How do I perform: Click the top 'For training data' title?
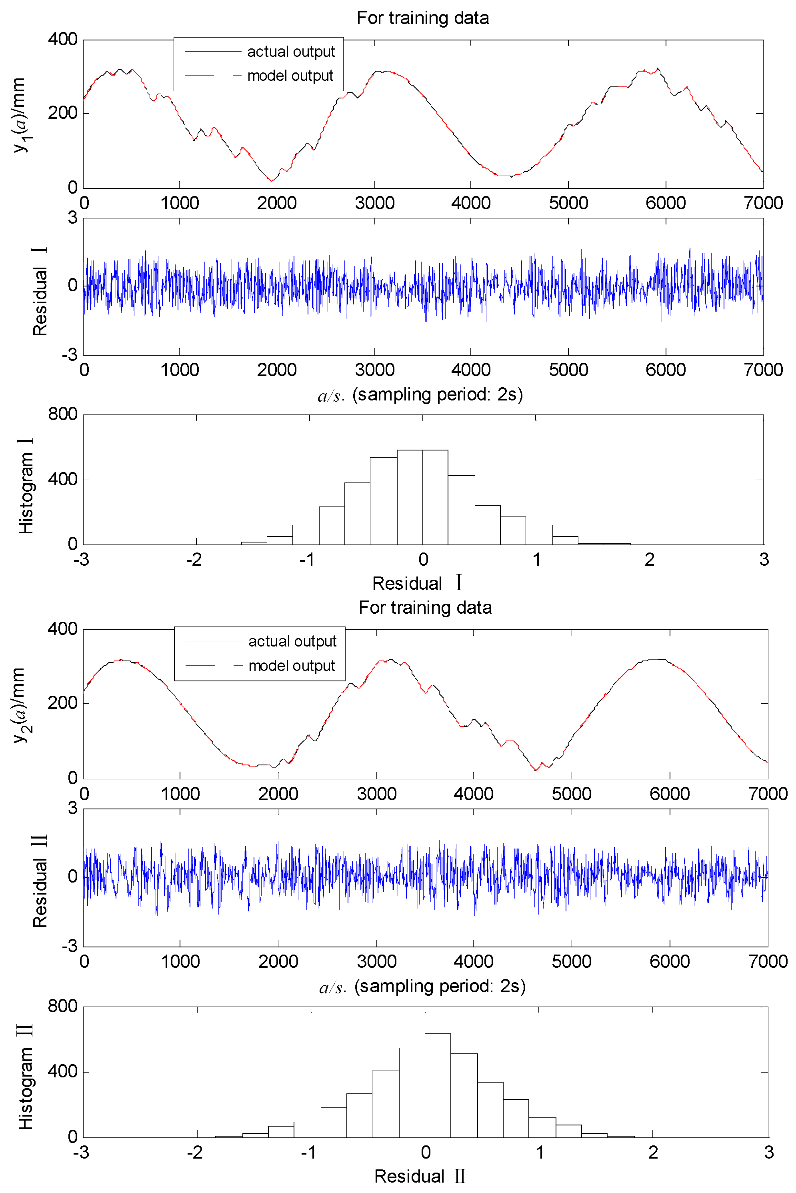pos(422,18)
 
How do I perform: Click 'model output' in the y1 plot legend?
pos(290,76)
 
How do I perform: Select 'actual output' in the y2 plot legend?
pos(292,641)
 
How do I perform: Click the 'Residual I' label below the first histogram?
pos(417,583)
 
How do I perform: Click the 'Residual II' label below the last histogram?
pos(419,1176)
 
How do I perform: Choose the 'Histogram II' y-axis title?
pos(25,1076)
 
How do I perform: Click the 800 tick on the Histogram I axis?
pos(62,414)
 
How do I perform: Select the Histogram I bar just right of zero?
pos(435,498)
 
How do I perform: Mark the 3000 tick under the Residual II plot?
pos(376,961)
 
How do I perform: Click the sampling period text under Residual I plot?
pos(438,394)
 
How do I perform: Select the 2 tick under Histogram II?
pos(653,1152)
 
